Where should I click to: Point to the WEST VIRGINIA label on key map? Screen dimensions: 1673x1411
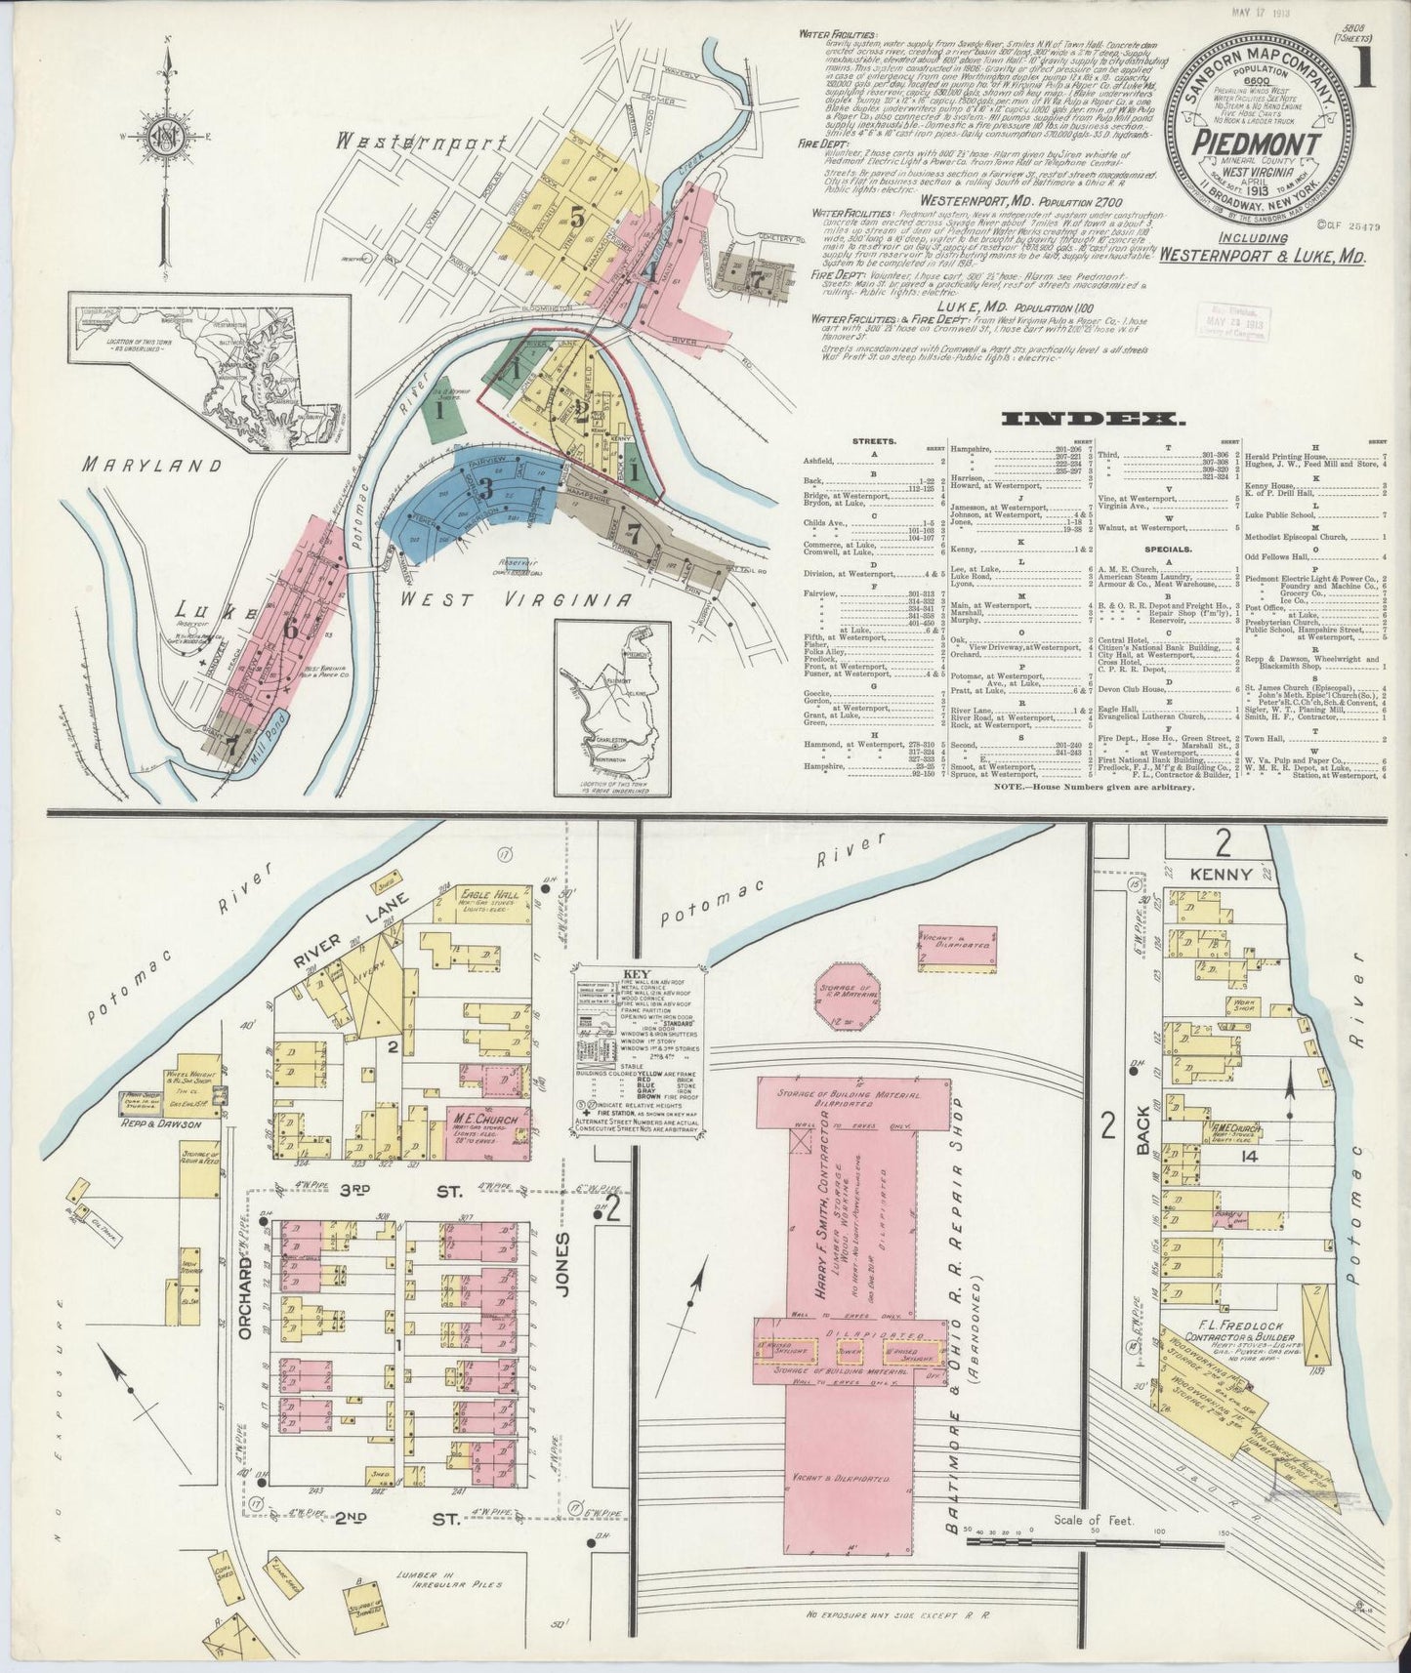pos(524,598)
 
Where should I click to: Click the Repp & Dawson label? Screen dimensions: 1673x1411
pos(181,1123)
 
